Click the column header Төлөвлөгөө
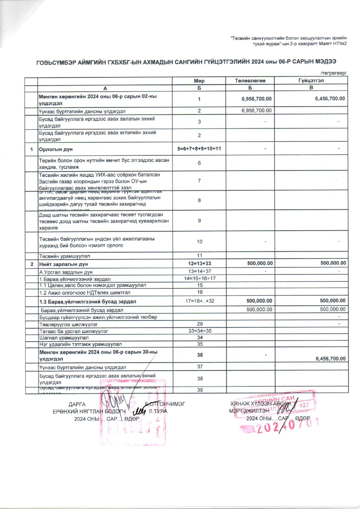click(250, 80)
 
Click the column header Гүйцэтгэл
click(311, 80)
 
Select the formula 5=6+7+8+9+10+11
click(199, 149)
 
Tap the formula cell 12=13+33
click(199, 263)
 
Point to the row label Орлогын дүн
click(56, 149)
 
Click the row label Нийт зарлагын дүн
click(64, 264)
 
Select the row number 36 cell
click(200, 355)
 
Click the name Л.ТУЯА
click(158, 411)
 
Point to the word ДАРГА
click(77, 404)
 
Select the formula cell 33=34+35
click(200, 331)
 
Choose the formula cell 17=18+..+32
click(200, 301)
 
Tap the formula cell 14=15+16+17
click(200, 278)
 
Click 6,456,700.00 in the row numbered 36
click(330, 359)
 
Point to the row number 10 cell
click(199, 242)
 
